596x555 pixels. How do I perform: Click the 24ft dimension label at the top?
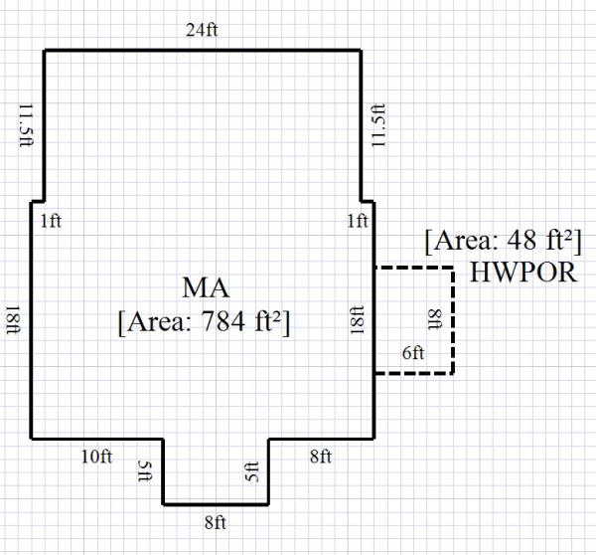point(202,29)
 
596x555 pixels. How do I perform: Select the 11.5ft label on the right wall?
point(378,124)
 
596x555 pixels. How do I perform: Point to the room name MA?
point(207,289)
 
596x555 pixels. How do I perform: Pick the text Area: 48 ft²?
point(503,242)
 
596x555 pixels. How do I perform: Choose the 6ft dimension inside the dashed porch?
point(412,354)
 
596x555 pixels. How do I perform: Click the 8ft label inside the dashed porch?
point(434,320)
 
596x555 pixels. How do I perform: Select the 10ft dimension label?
point(97,457)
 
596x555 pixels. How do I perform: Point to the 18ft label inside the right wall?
point(358,320)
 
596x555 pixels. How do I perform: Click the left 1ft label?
point(51,221)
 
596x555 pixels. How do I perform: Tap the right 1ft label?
point(358,221)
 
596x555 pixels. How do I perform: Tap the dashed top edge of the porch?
point(414,268)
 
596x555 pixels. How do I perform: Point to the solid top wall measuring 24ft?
point(202,50)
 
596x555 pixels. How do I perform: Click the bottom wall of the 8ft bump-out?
point(216,503)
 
